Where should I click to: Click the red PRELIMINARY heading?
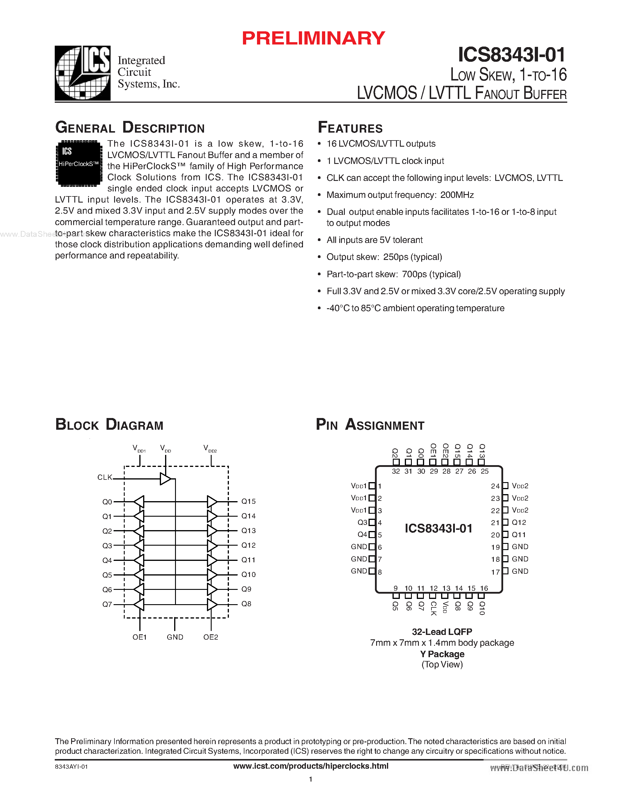[313, 38]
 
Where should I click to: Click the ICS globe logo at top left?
[83, 73]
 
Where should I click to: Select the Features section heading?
[350, 128]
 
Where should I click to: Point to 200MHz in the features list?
[457, 195]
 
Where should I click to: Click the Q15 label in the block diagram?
[248, 501]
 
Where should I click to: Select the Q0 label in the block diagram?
[107, 502]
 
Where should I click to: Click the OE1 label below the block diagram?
[140, 637]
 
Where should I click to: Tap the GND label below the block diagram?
[175, 637]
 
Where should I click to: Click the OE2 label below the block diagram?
[211, 637]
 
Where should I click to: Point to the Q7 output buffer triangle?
[139, 604]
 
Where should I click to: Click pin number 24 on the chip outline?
[495, 486]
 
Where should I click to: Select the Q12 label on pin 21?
[519, 522]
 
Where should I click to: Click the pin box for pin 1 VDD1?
[372, 486]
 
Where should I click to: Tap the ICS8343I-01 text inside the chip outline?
[438, 528]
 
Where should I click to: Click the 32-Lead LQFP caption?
[442, 632]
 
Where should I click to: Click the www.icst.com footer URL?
[311, 766]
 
